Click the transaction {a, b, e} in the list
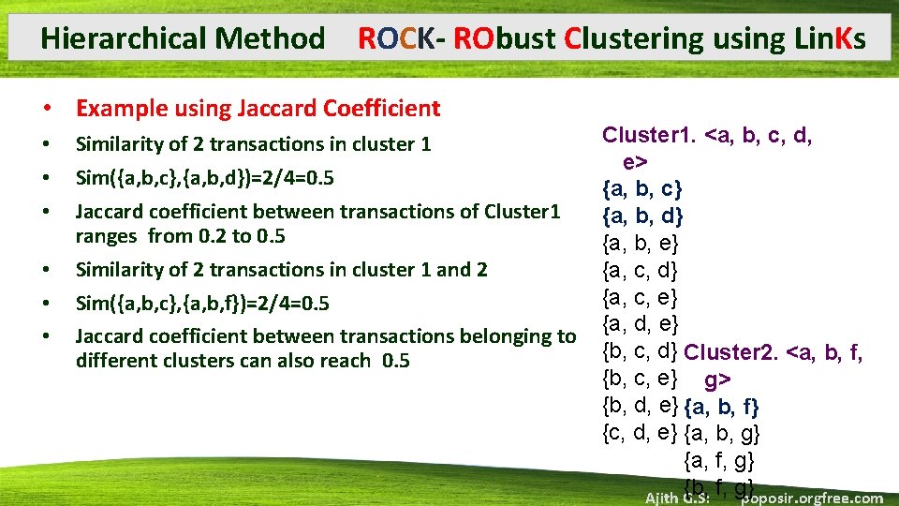tap(641, 245)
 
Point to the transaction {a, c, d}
tap(641, 272)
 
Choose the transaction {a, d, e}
tap(641, 324)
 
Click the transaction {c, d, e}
tap(641, 433)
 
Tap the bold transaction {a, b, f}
tap(722, 408)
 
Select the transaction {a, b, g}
tap(723, 434)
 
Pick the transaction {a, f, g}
tap(720, 460)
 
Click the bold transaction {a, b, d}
tap(642, 217)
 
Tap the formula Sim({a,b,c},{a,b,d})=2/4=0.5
tap(205, 178)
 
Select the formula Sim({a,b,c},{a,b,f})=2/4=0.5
tap(202, 304)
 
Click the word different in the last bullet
tap(115, 361)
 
